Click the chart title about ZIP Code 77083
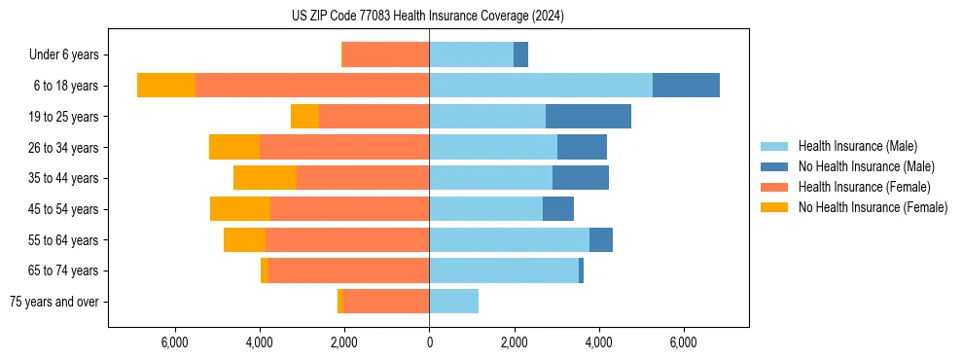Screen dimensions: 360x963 [x=427, y=16]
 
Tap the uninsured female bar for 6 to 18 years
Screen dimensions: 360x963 [x=166, y=86]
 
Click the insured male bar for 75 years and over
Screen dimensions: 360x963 [x=453, y=302]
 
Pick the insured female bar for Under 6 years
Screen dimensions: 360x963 [x=385, y=54]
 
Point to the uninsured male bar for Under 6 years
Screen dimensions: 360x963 [x=520, y=54]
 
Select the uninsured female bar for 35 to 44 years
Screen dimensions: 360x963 [x=265, y=178]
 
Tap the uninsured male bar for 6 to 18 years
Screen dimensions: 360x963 [x=686, y=86]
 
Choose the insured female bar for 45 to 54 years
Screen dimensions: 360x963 [x=349, y=209]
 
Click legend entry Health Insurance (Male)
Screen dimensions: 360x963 [x=857, y=146]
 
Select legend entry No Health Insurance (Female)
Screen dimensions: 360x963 [x=873, y=207]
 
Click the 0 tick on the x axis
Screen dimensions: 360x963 [x=429, y=343]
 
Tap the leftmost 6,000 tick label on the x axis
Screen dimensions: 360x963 [x=174, y=343]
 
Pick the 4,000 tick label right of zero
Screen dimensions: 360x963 [x=598, y=343]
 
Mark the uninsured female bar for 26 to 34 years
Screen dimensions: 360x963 [x=234, y=148]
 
